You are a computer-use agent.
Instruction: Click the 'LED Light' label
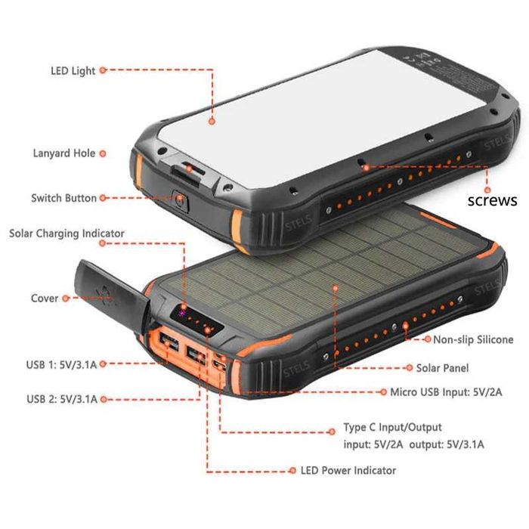(x=73, y=70)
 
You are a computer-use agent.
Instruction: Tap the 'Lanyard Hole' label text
(x=63, y=153)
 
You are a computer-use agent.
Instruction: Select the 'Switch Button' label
(x=63, y=198)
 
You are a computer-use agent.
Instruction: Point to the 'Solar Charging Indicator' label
(x=67, y=234)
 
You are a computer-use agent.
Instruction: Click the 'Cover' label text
(x=45, y=299)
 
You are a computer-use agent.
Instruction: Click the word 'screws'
(x=492, y=200)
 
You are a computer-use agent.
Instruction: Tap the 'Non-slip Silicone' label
(x=473, y=339)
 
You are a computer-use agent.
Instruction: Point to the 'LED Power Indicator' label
(x=348, y=470)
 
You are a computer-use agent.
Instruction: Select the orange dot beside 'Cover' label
(x=66, y=299)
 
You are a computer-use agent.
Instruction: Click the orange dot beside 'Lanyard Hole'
(x=103, y=153)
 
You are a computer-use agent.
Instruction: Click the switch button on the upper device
(x=181, y=200)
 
